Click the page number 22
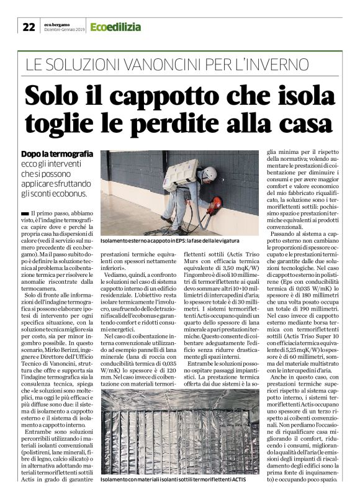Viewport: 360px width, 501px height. [29, 27]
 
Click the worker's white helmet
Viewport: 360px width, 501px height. [209, 173]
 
